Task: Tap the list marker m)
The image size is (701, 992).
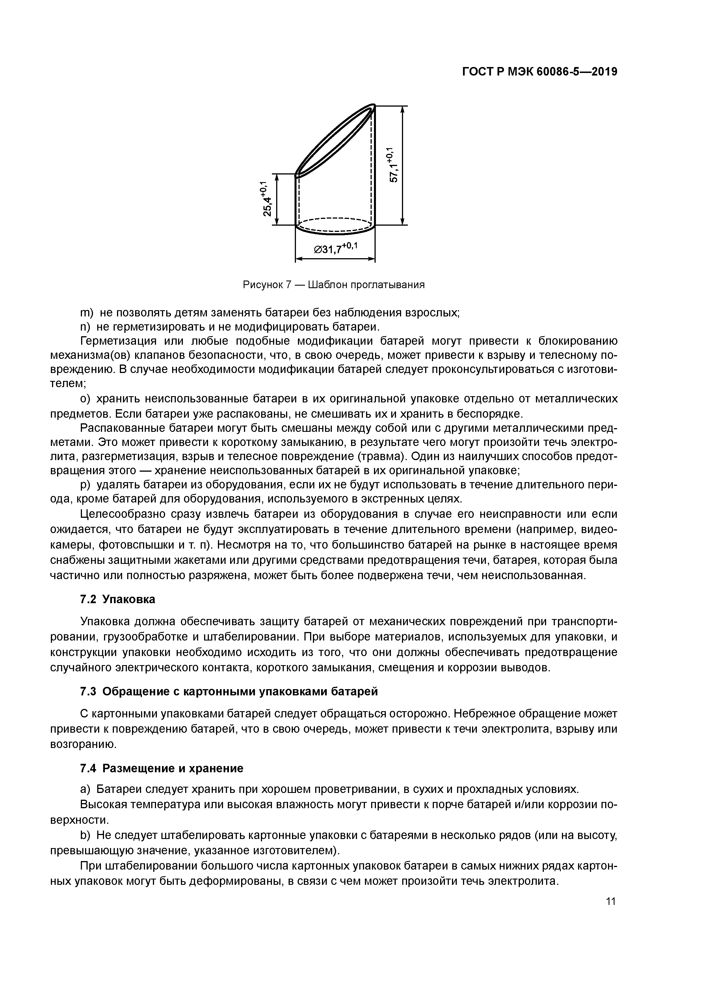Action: click(87, 312)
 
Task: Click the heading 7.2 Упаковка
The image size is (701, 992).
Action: click(118, 600)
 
